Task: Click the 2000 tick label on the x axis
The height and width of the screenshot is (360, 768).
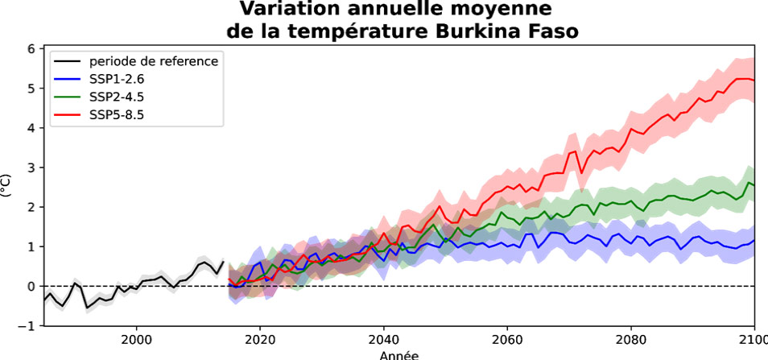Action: (136, 339)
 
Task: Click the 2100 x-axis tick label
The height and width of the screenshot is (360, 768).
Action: (752, 339)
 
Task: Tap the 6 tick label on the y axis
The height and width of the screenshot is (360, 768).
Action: (32, 49)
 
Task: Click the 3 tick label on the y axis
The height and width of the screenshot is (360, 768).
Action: (32, 168)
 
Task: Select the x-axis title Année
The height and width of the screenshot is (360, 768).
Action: (398, 354)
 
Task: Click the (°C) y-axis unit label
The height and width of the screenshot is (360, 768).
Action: (7, 187)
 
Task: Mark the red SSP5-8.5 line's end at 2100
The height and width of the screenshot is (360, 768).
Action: (754, 81)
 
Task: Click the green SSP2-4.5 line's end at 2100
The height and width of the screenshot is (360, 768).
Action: (754, 185)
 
